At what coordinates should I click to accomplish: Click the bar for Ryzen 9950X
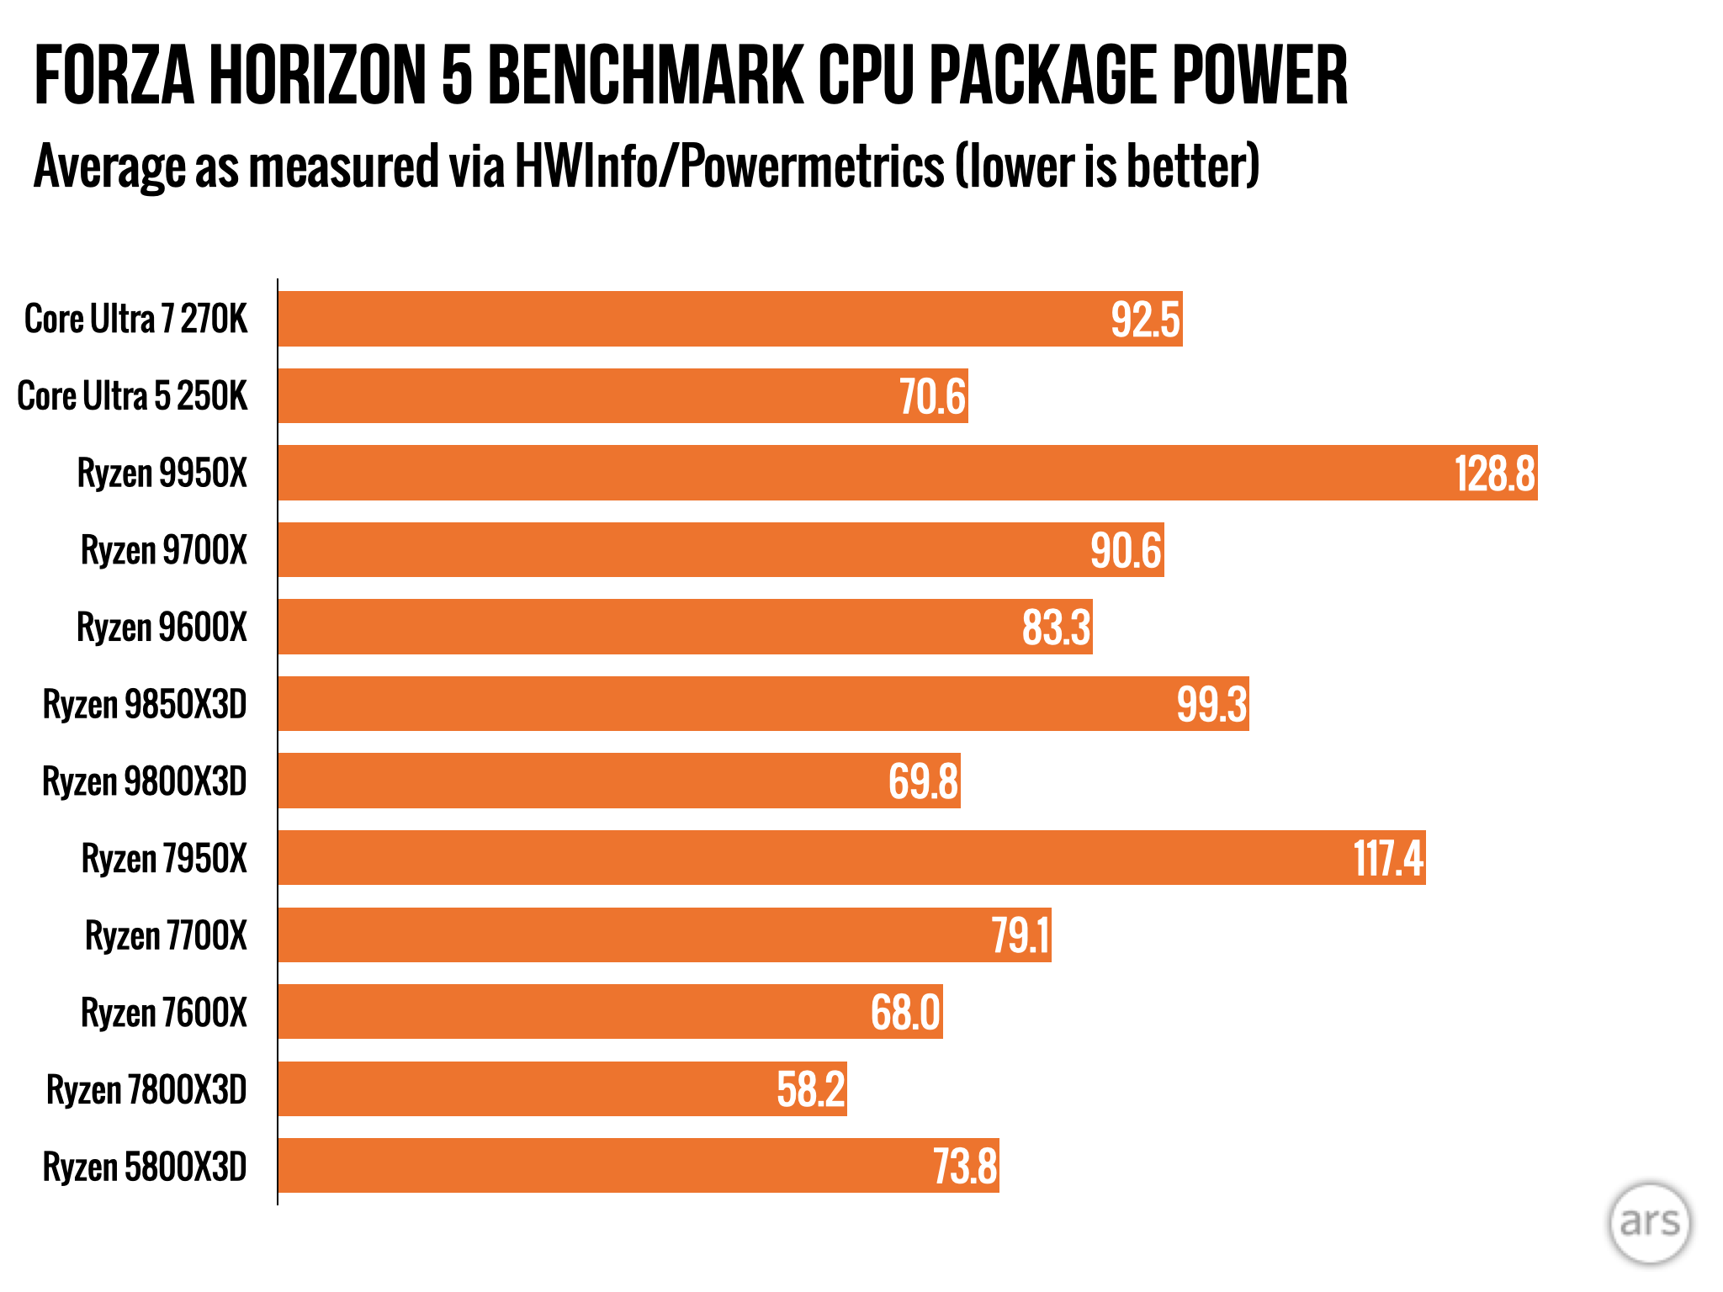pyautogui.click(x=907, y=473)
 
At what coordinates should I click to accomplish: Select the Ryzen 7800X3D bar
pyautogui.click(x=562, y=1089)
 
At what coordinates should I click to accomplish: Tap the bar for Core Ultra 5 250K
pyautogui.click(x=623, y=395)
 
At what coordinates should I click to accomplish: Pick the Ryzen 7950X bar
pyautogui.click(x=851, y=858)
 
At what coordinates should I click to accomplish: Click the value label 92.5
pyautogui.click(x=1145, y=320)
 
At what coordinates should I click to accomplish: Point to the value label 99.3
pyautogui.click(x=1211, y=704)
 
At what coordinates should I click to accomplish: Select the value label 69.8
pyautogui.click(x=923, y=781)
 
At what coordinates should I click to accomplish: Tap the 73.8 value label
pyautogui.click(x=965, y=1167)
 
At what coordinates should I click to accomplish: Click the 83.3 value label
pyautogui.click(x=1056, y=627)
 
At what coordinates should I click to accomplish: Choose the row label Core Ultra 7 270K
pyautogui.click(x=136, y=320)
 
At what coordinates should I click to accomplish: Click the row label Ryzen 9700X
pyautogui.click(x=164, y=550)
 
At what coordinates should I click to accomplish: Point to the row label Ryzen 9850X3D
pyautogui.click(x=145, y=704)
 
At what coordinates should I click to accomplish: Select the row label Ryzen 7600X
pyautogui.click(x=164, y=1013)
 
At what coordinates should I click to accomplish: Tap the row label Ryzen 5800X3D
pyautogui.click(x=145, y=1167)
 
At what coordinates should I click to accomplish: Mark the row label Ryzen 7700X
pyautogui.click(x=167, y=935)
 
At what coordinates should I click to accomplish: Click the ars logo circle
pyautogui.click(x=1650, y=1223)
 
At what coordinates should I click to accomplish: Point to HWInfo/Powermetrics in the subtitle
pyautogui.click(x=729, y=166)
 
